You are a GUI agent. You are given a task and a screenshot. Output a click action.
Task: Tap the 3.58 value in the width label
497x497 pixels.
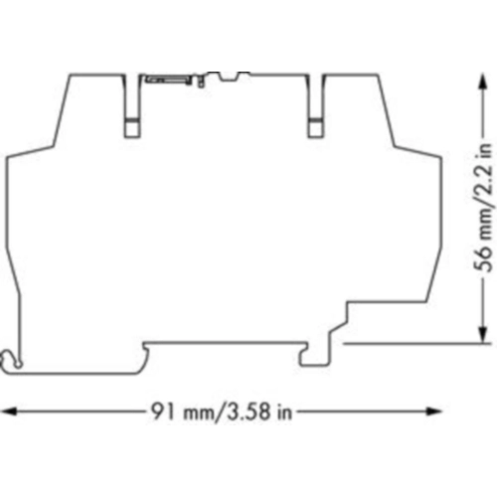[x=247, y=412]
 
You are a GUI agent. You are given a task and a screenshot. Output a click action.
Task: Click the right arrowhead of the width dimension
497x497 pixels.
[x=434, y=412]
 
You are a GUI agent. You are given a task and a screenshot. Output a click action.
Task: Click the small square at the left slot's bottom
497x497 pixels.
[x=132, y=127]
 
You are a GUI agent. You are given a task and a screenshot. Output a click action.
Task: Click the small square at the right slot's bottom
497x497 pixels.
[x=316, y=127]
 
